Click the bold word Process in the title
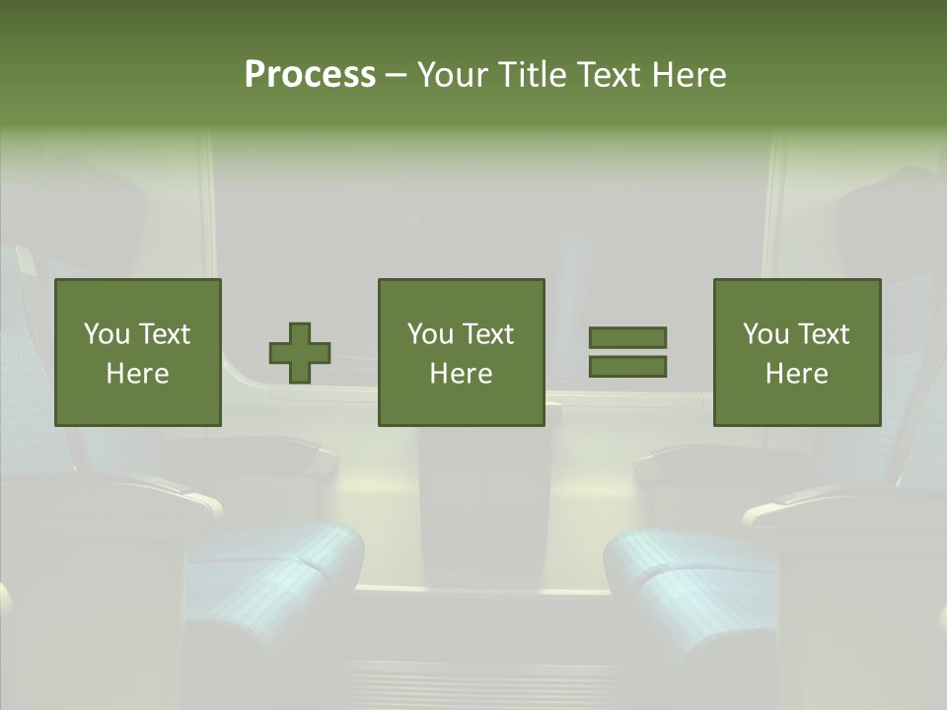point(310,75)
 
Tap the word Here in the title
point(687,75)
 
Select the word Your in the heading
point(454,75)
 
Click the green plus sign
point(300,353)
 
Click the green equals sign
point(627,352)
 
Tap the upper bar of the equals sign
point(627,337)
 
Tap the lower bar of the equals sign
point(627,367)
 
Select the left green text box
point(137,352)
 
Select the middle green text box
point(461,352)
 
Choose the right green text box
point(796,352)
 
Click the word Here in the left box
point(137,374)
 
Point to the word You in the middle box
point(430,334)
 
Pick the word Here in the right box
point(796,374)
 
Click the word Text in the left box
point(164,334)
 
